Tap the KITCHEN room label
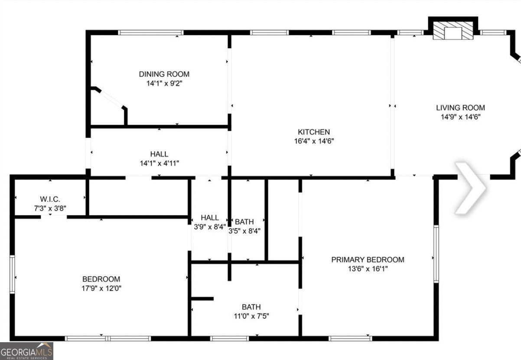click(x=313, y=132)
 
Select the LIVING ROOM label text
click(x=460, y=108)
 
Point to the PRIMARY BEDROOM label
click(x=368, y=259)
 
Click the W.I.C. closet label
click(x=50, y=199)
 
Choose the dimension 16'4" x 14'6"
click(x=313, y=141)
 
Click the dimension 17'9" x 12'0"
click(x=101, y=288)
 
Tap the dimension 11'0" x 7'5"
click(x=251, y=316)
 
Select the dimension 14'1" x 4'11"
click(x=159, y=163)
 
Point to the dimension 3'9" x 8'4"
click(x=210, y=227)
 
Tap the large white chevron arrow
click(x=470, y=188)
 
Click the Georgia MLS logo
click(x=26, y=351)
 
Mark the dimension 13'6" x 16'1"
click(x=368, y=268)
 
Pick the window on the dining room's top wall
click(x=150, y=32)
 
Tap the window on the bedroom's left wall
click(x=13, y=274)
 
